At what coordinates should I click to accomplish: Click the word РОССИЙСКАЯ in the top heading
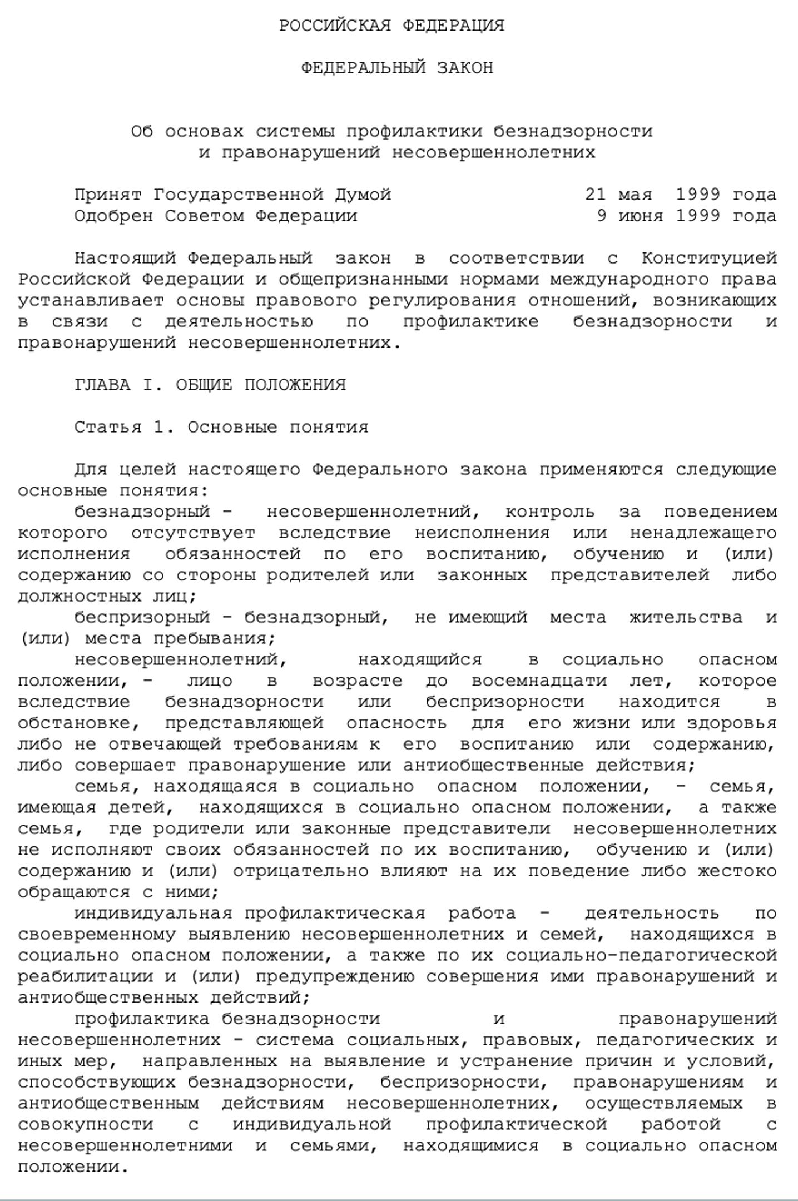pos(335,26)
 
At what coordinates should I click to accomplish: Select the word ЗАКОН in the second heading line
pos(465,68)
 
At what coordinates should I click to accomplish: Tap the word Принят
pos(108,195)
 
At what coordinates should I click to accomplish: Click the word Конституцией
pos(709,259)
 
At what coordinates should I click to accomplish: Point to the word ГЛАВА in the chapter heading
pos(102,385)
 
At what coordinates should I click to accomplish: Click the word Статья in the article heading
pos(108,428)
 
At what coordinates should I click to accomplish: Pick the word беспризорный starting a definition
pos(142,618)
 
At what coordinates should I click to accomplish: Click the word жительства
pos(686,618)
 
